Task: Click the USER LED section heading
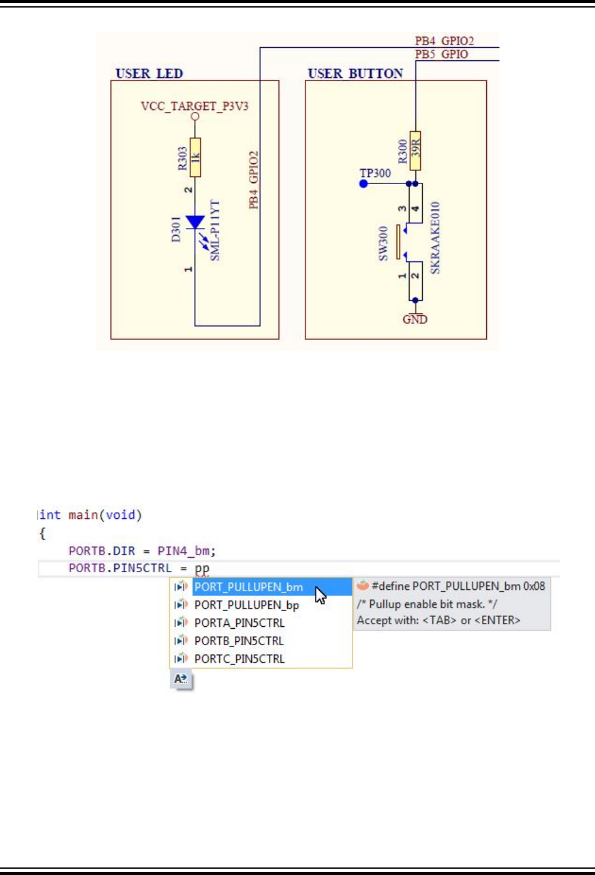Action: click(149, 73)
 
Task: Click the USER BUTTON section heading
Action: click(355, 73)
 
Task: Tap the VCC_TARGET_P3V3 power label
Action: click(194, 106)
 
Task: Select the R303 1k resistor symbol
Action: click(195, 157)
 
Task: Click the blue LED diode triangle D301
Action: click(195, 222)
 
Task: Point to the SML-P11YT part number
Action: click(215, 231)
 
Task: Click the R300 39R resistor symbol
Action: click(415, 148)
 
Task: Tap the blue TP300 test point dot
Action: click(363, 183)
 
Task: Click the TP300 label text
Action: click(375, 173)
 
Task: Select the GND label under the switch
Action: click(415, 319)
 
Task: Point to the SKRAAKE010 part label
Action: click(435, 237)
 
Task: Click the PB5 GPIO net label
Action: click(441, 54)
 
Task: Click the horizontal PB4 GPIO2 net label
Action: click(444, 41)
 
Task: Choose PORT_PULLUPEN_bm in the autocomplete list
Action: click(248, 587)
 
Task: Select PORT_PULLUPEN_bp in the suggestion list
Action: click(246, 605)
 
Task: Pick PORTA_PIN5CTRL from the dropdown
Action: click(239, 623)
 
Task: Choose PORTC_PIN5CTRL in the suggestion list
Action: click(239, 659)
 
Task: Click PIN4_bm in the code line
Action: click(183, 551)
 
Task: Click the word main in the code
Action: click(83, 515)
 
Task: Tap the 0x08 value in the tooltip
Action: click(534, 586)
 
